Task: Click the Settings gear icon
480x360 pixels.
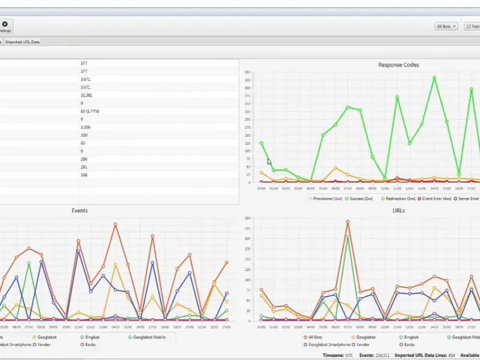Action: pos(5,25)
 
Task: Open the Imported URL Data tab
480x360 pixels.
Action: pos(23,42)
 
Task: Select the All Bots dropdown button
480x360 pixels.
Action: pos(447,26)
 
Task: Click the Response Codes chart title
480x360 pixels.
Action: pos(398,65)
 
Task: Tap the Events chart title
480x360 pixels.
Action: pos(80,211)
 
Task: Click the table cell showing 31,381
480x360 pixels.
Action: pos(86,95)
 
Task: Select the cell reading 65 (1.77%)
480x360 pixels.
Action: pos(91,112)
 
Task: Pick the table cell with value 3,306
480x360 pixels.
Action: pos(86,127)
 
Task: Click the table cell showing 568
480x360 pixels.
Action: pos(84,175)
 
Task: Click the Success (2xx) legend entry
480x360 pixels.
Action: pos(359,198)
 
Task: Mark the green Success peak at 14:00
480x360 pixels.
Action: pos(434,77)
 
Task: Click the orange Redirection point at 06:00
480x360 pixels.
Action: pos(335,168)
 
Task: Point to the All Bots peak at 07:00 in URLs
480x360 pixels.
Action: pos(347,221)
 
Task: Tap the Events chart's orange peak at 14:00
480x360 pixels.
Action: pos(115,224)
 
